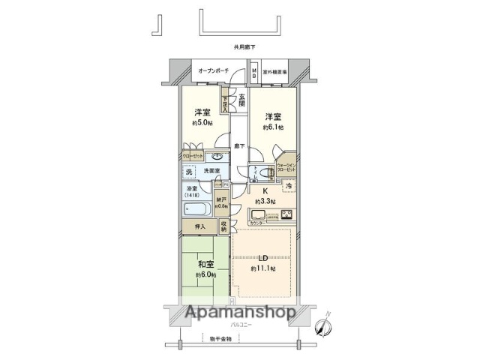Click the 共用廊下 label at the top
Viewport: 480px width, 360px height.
[x=244, y=47]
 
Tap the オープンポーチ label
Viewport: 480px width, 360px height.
[x=214, y=71]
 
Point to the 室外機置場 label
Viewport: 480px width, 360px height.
[x=278, y=72]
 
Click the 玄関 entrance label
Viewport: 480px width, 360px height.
[x=241, y=99]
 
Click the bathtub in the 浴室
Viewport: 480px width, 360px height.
[x=198, y=208]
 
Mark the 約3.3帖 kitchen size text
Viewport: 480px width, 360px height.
[x=264, y=202]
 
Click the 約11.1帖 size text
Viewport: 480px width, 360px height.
[x=262, y=268]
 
